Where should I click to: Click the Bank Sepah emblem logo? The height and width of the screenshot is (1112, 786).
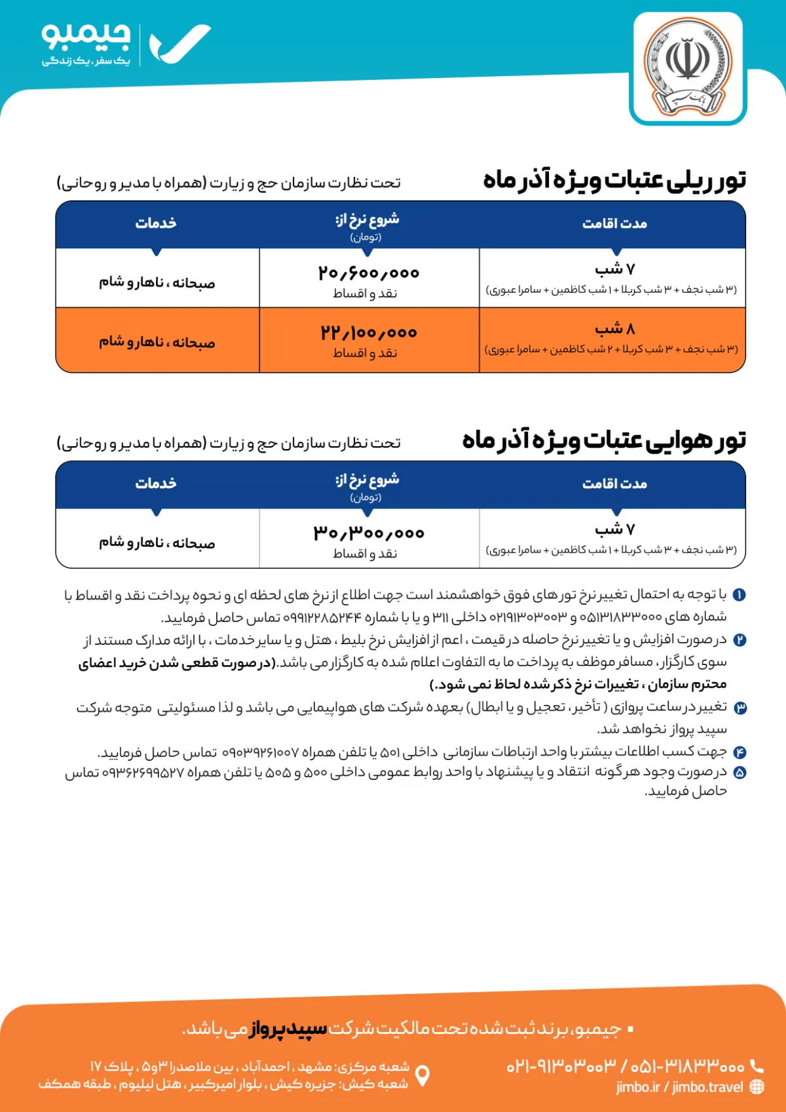coord(688,68)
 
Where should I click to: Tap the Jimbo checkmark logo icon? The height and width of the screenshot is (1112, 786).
coord(179,45)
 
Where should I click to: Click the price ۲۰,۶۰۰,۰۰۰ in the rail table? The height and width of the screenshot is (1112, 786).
coord(369,272)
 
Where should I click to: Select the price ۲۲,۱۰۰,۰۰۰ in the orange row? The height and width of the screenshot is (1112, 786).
coord(369,332)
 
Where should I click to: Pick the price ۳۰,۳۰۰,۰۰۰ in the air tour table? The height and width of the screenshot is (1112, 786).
coord(369,532)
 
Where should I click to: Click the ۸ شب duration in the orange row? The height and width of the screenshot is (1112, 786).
coord(614,328)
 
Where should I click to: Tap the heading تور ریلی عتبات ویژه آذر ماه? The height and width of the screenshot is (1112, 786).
coord(614,180)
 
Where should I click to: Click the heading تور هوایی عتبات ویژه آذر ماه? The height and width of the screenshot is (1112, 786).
coord(604,440)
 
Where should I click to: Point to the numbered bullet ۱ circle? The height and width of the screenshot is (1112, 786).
coord(739,595)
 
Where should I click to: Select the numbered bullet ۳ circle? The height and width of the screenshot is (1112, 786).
coord(739,708)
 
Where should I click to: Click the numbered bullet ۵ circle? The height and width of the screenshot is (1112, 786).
coord(739,773)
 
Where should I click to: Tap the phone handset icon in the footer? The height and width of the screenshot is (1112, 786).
coord(757,1065)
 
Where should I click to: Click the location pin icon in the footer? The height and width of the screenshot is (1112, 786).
coord(423,1075)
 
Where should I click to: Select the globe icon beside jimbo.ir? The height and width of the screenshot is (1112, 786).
coord(757,1087)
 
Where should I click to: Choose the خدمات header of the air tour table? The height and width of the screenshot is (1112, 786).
coord(156,484)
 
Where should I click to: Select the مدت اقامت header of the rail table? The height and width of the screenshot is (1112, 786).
coord(614,223)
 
